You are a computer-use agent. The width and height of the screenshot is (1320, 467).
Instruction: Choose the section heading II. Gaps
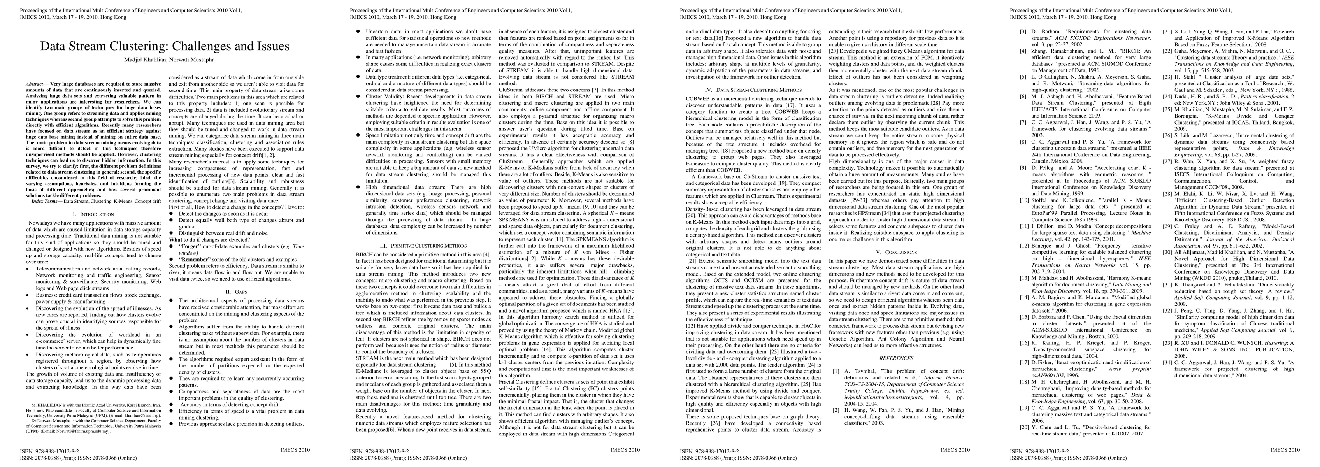click(236, 292)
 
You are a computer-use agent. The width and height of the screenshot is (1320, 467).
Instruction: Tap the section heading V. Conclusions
click(896, 252)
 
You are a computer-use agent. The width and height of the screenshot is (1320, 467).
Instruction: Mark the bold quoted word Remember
click(195, 260)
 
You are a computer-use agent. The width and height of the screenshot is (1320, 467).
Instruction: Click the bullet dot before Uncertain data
click(358, 32)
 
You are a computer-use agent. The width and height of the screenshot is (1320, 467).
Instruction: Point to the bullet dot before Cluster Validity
click(358, 96)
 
